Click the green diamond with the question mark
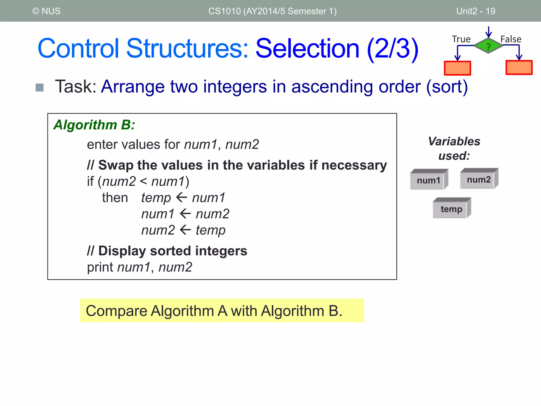488,46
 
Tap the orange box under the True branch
457,68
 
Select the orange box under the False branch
519,68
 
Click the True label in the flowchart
461,39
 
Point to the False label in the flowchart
511,39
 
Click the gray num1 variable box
428,180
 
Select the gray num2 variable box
478,179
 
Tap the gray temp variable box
451,209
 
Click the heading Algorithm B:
94,125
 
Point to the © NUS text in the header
46,11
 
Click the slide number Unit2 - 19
475,11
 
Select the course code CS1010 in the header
224,11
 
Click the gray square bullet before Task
40,87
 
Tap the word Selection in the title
307,49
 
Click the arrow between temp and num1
181,197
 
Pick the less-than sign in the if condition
143,181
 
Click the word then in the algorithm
115,198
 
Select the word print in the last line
100,267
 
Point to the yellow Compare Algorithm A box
222,311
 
